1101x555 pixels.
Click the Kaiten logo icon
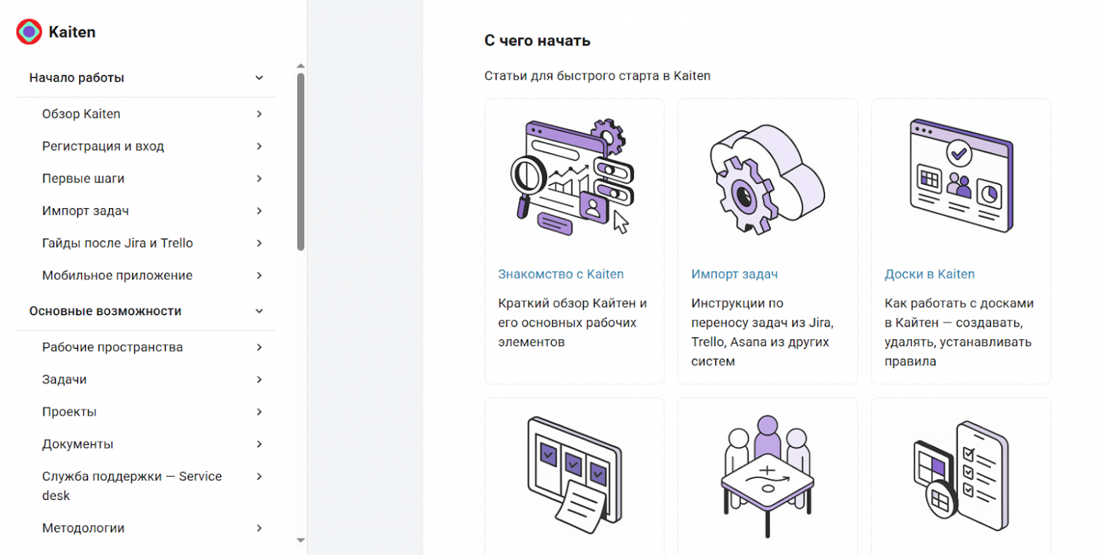(29, 32)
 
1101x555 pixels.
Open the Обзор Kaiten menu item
(81, 114)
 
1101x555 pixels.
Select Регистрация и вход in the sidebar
(103, 147)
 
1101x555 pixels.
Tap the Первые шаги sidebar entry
(83, 178)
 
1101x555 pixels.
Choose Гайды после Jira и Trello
(117, 243)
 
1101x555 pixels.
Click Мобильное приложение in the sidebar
(117, 276)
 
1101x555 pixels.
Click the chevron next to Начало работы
(259, 78)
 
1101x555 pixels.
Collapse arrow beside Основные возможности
(259, 311)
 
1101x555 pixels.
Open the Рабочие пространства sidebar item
(112, 347)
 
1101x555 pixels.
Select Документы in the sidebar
(78, 444)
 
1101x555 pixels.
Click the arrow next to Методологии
(259, 528)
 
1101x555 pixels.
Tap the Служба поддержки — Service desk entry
(132, 486)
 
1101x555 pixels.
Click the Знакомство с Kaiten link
(561, 274)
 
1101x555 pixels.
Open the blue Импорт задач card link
(734, 274)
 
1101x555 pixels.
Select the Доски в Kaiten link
(929, 274)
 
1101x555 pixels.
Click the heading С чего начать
(537, 40)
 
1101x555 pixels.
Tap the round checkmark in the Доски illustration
(959, 154)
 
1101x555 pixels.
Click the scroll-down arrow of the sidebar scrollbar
(301, 540)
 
